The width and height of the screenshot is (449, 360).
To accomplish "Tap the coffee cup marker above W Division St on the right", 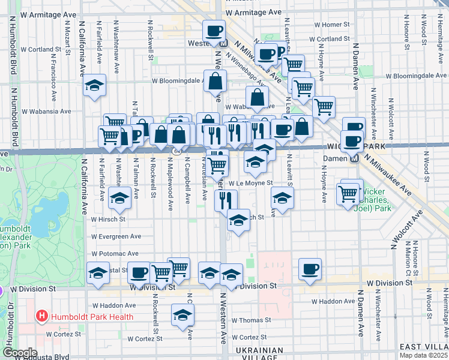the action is tap(310, 269).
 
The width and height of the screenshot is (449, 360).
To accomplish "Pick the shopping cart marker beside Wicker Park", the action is tap(348, 193).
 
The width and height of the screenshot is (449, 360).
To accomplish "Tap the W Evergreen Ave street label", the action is tap(116, 237).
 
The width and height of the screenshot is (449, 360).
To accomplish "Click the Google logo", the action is tap(19, 353).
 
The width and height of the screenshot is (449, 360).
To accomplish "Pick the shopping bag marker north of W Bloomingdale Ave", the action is tap(215, 80).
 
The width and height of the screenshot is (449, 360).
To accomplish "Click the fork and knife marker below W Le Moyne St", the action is tap(226, 200).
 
